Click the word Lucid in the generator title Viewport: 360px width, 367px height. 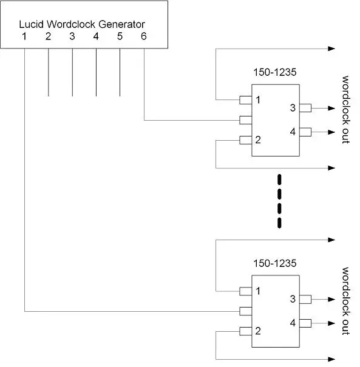pos(31,24)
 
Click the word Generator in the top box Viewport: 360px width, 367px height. pos(121,24)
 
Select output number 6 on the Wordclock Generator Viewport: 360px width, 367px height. pos(144,36)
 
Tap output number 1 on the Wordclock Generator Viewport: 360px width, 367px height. pos(24,36)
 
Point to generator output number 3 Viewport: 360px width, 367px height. pos(72,36)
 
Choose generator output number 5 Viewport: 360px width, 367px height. pos(120,36)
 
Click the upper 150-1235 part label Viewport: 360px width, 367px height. pos(275,72)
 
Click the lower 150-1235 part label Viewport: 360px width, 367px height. pos(275,263)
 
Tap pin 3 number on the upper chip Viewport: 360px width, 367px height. pos(293,108)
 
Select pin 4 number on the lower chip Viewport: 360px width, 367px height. pos(293,323)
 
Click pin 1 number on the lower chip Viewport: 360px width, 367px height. pos(258,291)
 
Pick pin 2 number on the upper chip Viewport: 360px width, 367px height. pos(258,140)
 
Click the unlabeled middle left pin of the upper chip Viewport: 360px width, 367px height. pos(245,120)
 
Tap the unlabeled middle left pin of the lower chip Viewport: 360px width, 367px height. pos(245,311)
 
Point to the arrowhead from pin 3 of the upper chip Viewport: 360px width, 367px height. pos(331,108)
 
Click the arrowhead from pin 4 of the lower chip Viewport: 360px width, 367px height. pos(331,323)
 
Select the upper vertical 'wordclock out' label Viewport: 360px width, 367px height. pos(345,110)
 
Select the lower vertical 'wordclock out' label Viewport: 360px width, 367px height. pos(345,301)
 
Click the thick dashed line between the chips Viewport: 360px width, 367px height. pos(279,201)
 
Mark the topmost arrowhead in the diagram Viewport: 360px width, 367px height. pos(331,49)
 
